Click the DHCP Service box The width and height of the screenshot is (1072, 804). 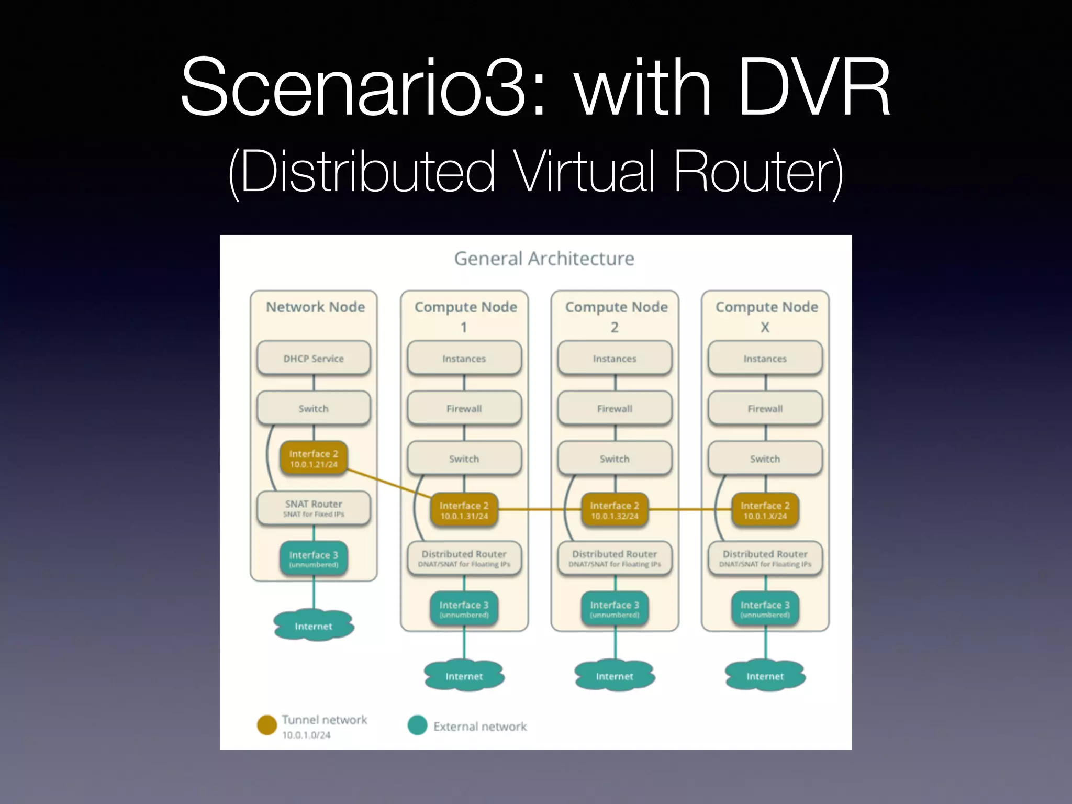314,358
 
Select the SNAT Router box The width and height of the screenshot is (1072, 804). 314,508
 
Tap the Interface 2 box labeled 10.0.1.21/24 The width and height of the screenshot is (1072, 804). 314,459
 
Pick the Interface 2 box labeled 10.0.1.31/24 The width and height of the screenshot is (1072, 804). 464,510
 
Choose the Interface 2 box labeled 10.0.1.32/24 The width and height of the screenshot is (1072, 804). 615,510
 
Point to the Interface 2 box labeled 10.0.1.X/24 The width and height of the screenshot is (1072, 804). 765,510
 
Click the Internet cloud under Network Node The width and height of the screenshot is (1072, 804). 314,626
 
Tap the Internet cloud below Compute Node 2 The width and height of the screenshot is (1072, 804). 615,676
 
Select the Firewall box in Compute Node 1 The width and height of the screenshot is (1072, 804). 464,408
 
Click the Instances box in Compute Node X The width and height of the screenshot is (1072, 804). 765,358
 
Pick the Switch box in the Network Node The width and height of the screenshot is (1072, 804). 314,408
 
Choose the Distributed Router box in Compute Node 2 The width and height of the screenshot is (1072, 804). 615,558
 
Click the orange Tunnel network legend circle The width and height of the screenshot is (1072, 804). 267,725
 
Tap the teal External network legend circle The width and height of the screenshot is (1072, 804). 417,725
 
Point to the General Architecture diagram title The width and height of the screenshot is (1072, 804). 544,259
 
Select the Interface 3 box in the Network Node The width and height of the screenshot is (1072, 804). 314,559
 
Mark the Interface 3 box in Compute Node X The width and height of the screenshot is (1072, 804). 765,609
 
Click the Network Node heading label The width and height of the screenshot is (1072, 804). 315,307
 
